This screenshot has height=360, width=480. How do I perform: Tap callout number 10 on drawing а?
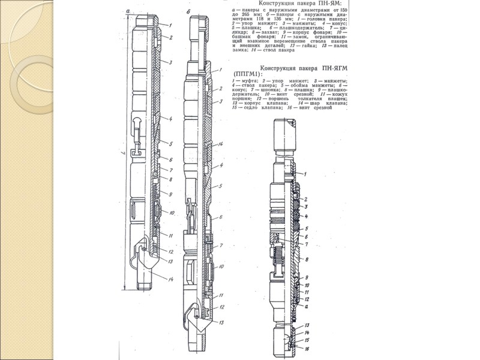tap(172, 214)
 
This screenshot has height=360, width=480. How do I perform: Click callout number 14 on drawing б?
tap(221, 145)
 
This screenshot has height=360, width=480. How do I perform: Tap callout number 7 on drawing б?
tap(221, 246)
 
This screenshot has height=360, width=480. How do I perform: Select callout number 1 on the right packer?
tap(305, 174)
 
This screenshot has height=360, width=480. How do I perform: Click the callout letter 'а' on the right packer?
tap(306, 307)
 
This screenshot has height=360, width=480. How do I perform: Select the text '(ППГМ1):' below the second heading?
tap(248, 74)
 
